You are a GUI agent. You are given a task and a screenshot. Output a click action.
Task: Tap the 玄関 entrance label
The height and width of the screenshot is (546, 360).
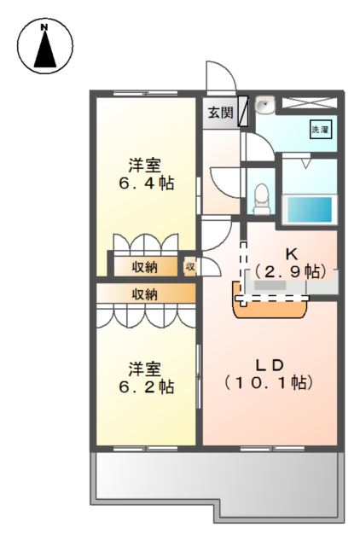pos(220,113)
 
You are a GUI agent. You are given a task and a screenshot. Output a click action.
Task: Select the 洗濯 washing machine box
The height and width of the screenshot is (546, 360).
pos(319,131)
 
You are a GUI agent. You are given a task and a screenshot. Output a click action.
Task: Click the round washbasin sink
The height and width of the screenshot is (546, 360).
pos(265,106)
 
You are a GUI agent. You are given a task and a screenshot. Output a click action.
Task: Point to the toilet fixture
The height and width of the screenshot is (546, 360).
pos(262,197)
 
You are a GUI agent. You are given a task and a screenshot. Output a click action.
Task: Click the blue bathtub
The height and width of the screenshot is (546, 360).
pos(306,208)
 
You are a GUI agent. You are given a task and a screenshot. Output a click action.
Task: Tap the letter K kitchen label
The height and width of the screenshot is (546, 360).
pos(291,253)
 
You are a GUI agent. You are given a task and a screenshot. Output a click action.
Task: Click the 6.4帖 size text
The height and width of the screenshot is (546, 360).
pos(146,183)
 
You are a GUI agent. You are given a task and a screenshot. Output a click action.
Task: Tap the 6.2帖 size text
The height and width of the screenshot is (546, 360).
pos(146,386)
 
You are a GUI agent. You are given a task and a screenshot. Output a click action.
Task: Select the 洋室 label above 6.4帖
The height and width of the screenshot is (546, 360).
pos(145,164)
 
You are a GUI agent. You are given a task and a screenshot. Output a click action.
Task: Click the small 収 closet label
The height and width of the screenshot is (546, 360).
pos(190,267)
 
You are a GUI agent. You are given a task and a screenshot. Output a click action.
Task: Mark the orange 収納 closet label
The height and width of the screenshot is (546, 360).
pos(144,294)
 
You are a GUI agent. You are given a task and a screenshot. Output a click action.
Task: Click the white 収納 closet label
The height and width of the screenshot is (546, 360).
pos(144,267)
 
